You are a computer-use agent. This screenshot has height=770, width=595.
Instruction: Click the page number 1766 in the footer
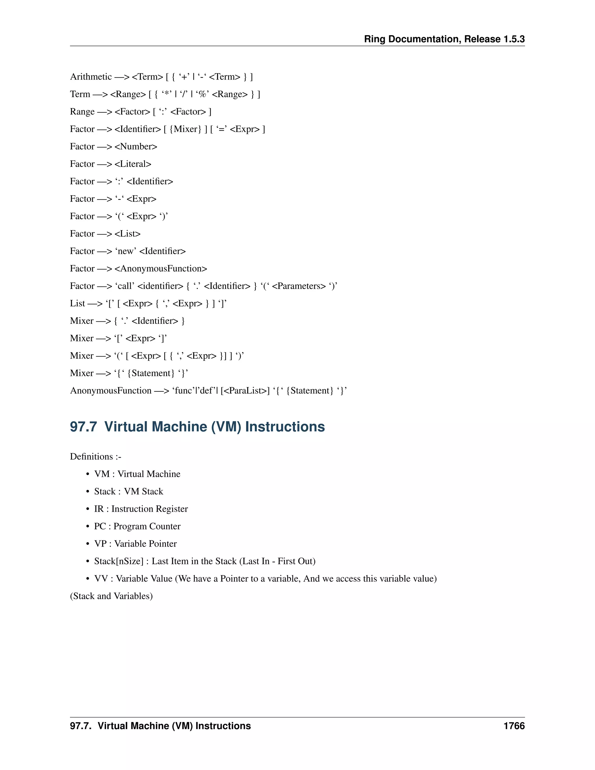(x=514, y=726)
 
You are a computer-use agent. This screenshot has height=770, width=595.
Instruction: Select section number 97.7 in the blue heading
(x=83, y=427)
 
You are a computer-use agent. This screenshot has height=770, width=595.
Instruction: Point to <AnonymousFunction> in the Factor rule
(x=161, y=269)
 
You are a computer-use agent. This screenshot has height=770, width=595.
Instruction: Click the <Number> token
(x=136, y=147)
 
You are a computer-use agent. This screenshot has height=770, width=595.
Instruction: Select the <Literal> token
(x=133, y=164)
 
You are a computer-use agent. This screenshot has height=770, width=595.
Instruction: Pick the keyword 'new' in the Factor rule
(x=126, y=251)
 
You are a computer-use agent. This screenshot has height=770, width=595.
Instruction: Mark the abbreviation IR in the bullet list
(x=99, y=509)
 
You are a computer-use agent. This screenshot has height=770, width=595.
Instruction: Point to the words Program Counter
(x=147, y=527)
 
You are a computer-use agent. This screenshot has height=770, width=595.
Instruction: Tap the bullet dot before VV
(x=87, y=579)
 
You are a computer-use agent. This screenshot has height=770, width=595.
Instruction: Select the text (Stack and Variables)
(x=111, y=596)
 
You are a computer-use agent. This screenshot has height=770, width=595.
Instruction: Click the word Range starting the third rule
(x=83, y=112)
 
